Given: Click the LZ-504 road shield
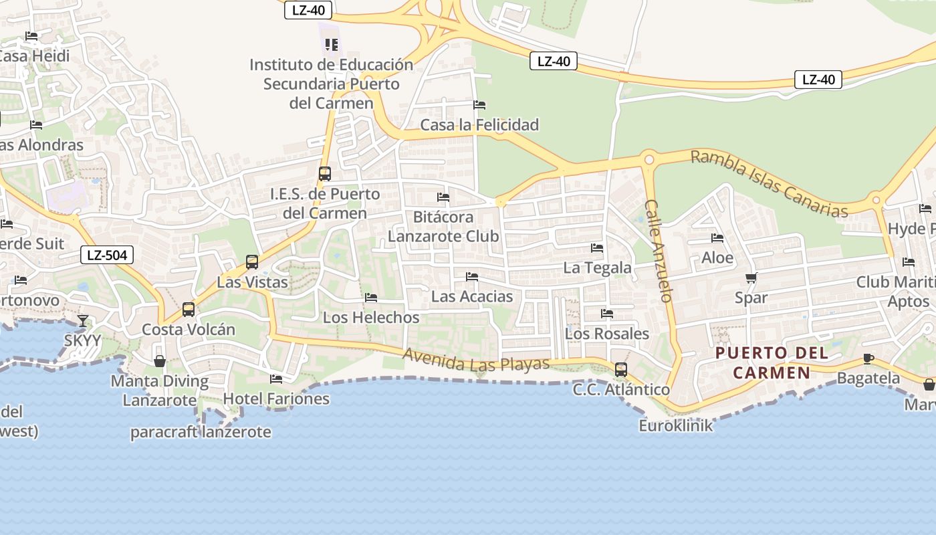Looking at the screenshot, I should [x=107, y=254].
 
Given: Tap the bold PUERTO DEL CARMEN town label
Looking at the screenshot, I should [x=772, y=362].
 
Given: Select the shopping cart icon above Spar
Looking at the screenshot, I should [x=751, y=278].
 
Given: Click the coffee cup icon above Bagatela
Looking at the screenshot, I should [x=868, y=359].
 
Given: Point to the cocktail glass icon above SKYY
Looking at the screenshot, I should [x=83, y=321].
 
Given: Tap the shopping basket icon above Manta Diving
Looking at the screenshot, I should [x=160, y=361].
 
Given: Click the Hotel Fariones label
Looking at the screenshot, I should [x=276, y=399].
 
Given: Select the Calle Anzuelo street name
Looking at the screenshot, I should [x=658, y=251].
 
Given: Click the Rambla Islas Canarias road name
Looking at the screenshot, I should [x=769, y=183].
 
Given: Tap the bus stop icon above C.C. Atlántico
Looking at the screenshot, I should [x=621, y=370].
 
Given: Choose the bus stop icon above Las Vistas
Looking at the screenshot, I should [x=252, y=262].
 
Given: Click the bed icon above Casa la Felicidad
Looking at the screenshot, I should [x=479, y=105].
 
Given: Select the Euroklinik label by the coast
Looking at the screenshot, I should [x=676, y=425].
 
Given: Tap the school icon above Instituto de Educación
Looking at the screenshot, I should [x=331, y=45].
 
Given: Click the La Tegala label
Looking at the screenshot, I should [x=597, y=267].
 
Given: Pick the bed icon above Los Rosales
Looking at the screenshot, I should [x=607, y=313].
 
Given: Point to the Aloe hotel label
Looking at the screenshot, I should [x=717, y=257].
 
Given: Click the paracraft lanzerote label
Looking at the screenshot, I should [x=201, y=432].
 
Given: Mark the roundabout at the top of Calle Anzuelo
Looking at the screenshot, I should [x=648, y=160].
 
